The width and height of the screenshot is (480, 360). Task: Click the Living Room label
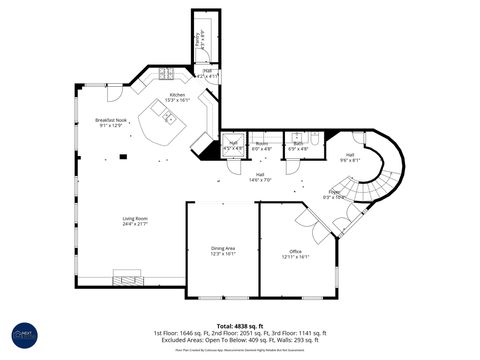click(135, 220)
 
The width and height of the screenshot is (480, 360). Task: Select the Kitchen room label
click(176, 97)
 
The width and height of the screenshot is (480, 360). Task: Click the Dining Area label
click(222, 250)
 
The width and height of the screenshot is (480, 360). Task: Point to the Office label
click(296, 253)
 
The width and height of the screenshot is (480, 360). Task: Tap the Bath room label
click(298, 146)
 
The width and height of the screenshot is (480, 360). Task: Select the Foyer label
click(334, 194)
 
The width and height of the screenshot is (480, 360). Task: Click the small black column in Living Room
click(123, 156)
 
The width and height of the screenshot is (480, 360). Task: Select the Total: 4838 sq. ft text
click(239, 325)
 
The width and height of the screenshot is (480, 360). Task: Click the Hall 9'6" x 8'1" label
click(349, 157)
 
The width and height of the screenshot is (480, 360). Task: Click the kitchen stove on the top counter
click(166, 74)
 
